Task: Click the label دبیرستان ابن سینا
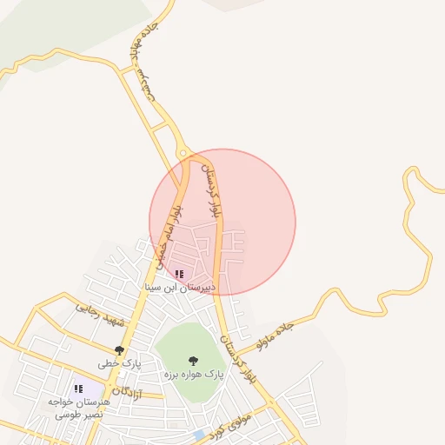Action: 183,287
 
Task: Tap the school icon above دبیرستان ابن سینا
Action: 179,274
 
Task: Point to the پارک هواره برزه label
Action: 193,374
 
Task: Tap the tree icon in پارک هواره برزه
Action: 192,360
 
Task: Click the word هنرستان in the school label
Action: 92,403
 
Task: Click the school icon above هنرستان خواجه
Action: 78,389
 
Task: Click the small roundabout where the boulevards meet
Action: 183,154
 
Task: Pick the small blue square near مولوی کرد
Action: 199,435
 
